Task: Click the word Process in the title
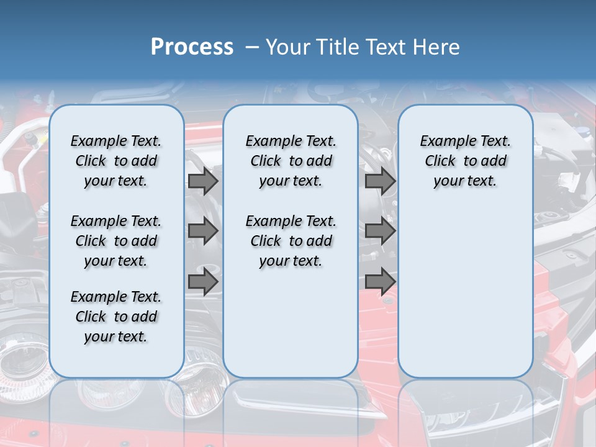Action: coord(192,47)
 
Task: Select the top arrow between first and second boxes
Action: coord(203,181)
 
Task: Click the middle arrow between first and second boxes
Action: coord(203,231)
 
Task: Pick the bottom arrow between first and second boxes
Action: coord(203,282)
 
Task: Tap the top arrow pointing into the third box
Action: coord(380,181)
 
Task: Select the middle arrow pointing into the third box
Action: coord(380,231)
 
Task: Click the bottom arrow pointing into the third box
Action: coord(380,282)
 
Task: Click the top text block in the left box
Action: coord(116,161)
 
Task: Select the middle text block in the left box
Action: coord(116,241)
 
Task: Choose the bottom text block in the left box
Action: coord(116,317)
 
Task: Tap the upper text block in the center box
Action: coord(291,161)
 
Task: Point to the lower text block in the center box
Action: coord(291,241)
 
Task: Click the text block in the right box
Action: coord(465,161)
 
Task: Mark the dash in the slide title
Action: coord(252,47)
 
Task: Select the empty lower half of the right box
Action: coord(465,292)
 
